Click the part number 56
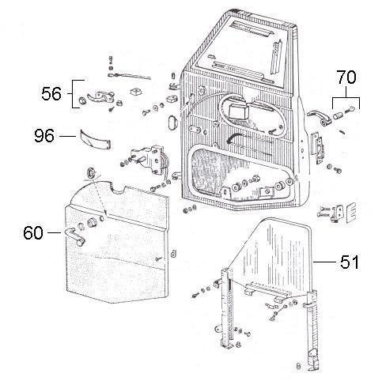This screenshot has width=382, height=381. (51, 94)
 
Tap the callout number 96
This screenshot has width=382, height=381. (44, 136)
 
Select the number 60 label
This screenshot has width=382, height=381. (33, 233)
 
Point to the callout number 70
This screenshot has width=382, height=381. (346, 77)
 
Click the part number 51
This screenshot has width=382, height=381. (350, 262)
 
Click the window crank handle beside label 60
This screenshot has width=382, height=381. (74, 236)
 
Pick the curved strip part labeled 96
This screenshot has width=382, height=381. (95, 138)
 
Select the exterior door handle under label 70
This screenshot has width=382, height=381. (320, 118)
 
